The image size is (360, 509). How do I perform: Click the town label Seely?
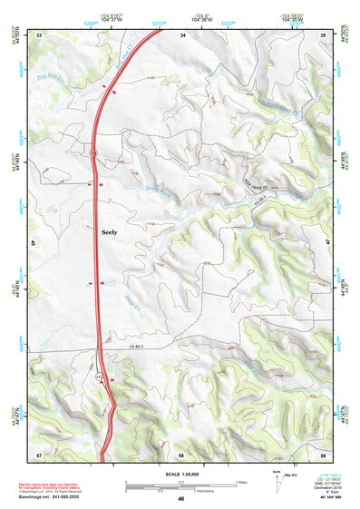point(107,231)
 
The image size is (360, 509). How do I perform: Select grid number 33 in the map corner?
point(40,34)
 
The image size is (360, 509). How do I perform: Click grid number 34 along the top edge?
point(182,34)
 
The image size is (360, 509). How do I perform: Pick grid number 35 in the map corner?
point(324,34)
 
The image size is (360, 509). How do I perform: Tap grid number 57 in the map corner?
point(39,453)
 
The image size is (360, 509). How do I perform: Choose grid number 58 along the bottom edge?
point(181,453)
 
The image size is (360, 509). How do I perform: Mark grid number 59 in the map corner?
point(324,453)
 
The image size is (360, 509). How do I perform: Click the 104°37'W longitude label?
point(112,19)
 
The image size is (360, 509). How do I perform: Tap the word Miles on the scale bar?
point(239,481)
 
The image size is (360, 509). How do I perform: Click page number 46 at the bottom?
point(181,500)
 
